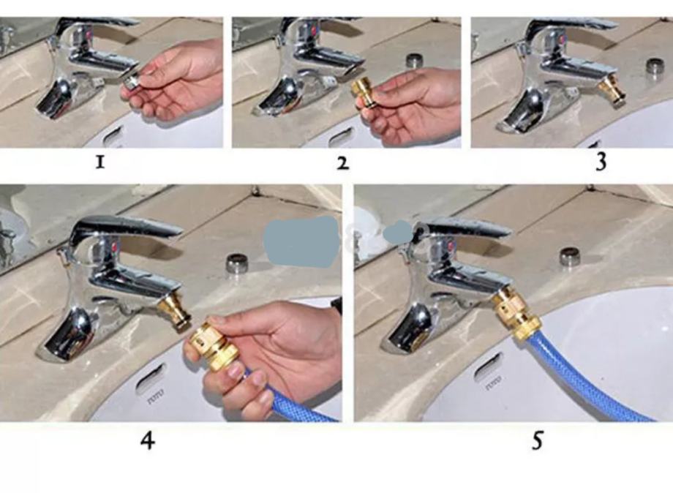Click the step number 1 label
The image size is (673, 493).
point(100,162)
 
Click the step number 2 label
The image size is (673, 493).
point(342,163)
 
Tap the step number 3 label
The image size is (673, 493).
point(601,162)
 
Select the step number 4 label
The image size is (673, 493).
point(148,440)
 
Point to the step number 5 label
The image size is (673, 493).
point(537,440)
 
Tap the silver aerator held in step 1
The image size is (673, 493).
point(131,83)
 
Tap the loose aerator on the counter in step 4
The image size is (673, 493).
point(235,262)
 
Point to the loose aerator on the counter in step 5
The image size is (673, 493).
point(570,257)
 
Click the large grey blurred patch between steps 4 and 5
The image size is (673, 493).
point(301,240)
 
